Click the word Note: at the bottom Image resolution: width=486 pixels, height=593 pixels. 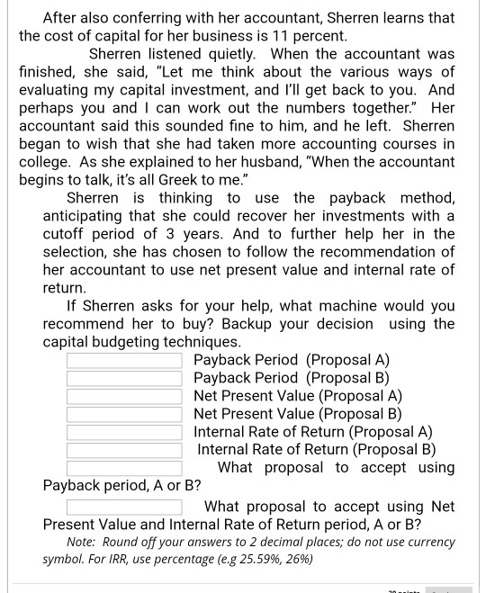[83, 542]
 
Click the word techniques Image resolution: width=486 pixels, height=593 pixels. [200, 342]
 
